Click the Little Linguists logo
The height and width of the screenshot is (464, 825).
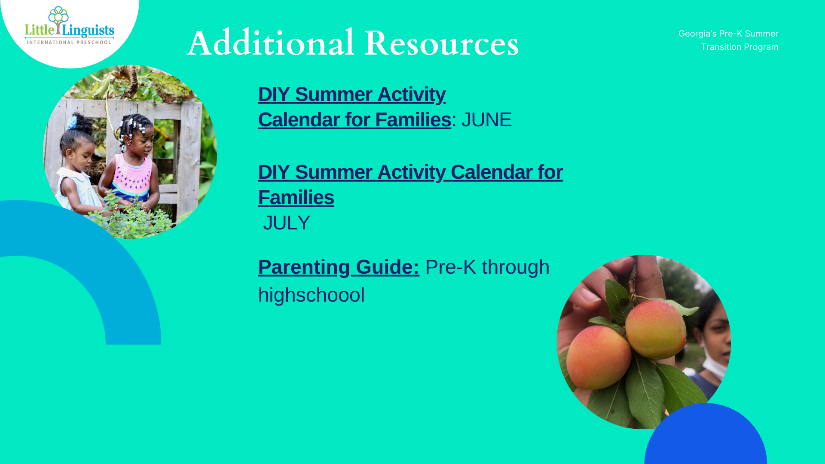(69, 26)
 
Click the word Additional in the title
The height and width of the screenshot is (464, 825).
(271, 43)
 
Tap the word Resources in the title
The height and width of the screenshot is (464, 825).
(442, 43)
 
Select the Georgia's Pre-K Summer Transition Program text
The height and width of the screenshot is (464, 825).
(728, 40)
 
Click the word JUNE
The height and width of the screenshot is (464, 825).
(486, 120)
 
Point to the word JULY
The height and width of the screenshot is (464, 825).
(286, 223)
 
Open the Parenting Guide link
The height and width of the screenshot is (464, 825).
(339, 267)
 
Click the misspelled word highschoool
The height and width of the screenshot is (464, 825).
(311, 295)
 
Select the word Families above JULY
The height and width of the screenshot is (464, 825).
(296, 198)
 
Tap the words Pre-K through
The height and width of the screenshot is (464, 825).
(487, 267)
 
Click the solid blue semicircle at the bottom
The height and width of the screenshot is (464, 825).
(706, 434)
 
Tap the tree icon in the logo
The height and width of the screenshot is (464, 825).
(58, 19)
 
